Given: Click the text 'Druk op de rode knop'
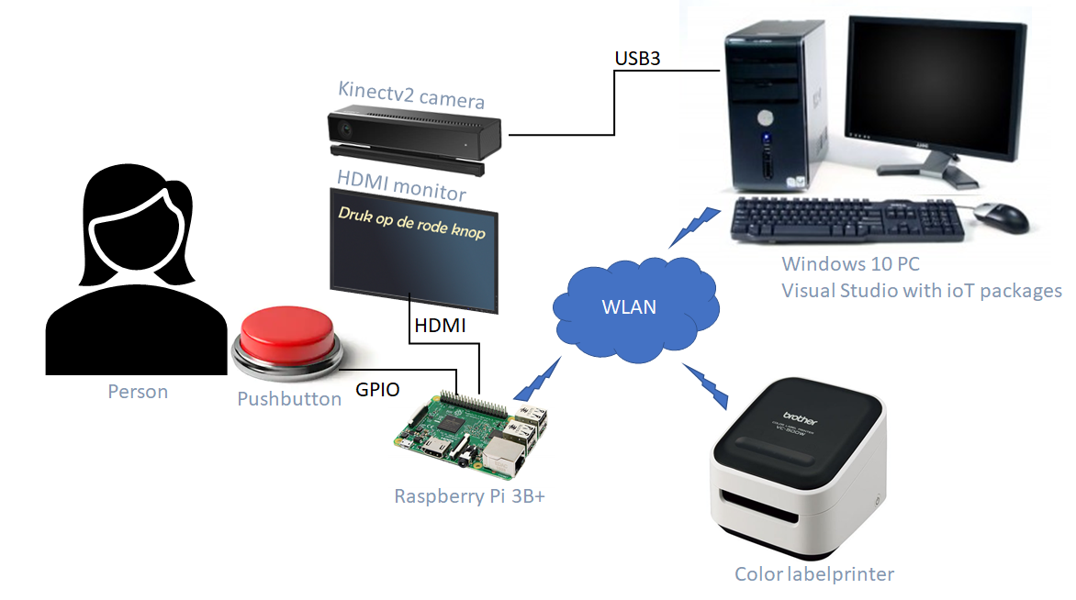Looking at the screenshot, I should click(412, 223).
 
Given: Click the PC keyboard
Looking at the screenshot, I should click(849, 220).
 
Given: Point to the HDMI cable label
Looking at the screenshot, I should click(441, 326).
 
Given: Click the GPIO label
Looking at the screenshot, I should click(377, 390).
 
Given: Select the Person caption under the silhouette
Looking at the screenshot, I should click(138, 392).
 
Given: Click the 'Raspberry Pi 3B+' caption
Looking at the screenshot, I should click(471, 496).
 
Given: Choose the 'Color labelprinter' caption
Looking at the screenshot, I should click(813, 574).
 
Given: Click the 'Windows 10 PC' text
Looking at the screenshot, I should click(850, 264).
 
